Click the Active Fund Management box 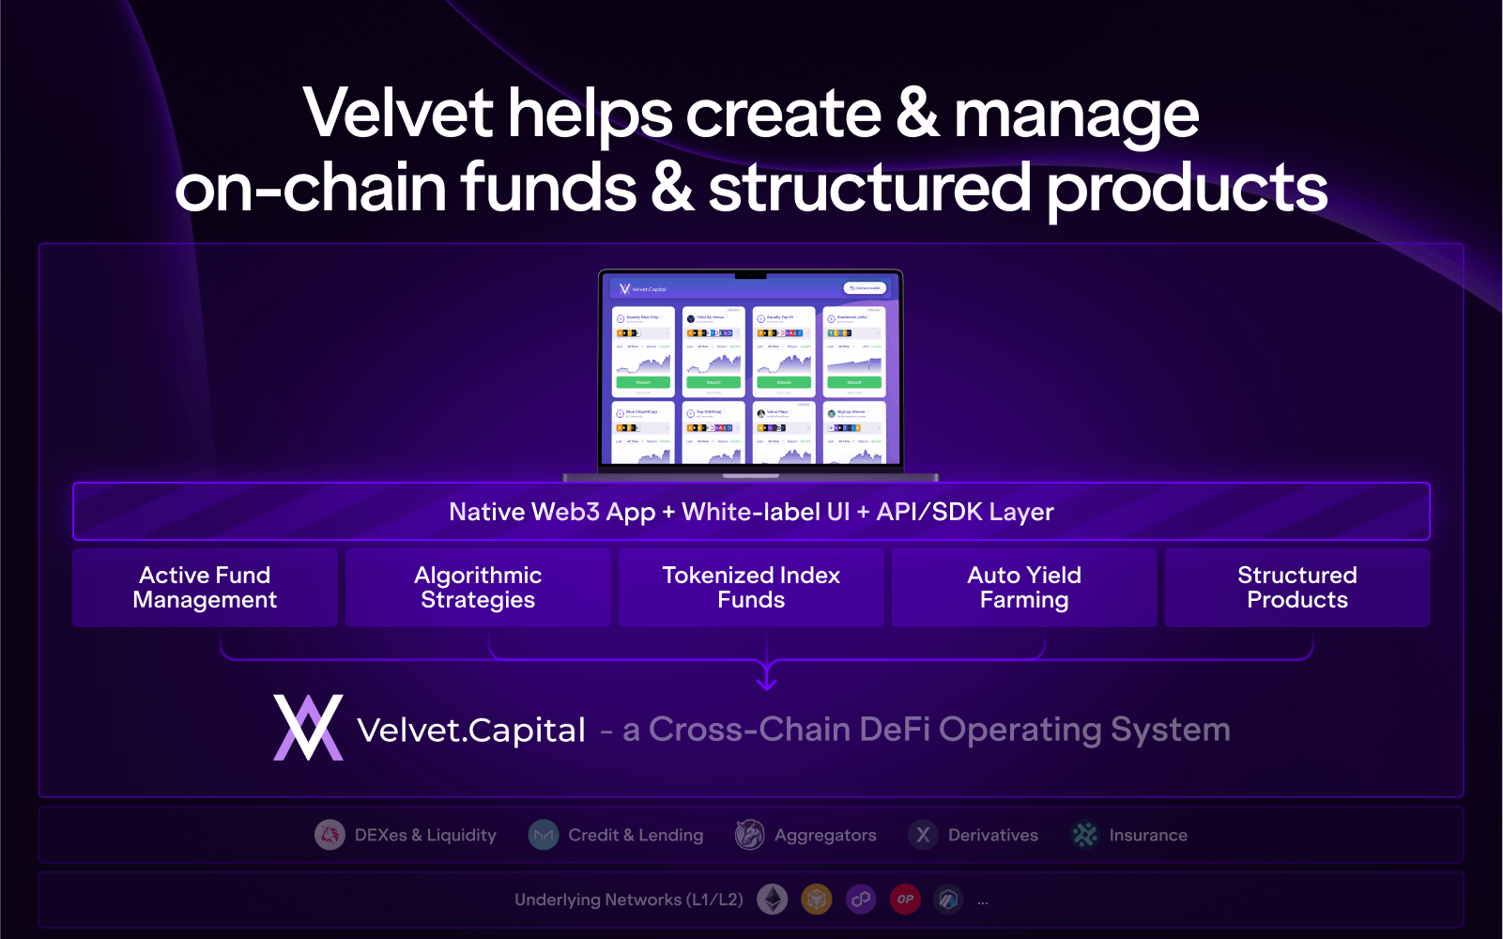[x=205, y=588]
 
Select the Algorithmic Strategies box [x=478, y=588]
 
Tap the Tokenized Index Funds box [x=751, y=588]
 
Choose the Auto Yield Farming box [x=1024, y=588]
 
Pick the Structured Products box [x=1297, y=588]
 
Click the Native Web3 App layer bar [x=751, y=512]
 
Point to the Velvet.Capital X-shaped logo [x=308, y=728]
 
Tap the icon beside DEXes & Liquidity [x=330, y=835]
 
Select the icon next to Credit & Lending [x=544, y=835]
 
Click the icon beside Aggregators [x=749, y=835]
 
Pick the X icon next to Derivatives [x=924, y=835]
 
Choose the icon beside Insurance [x=1085, y=835]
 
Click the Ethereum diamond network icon [x=773, y=900]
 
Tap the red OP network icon [x=905, y=900]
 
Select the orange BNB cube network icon [x=817, y=900]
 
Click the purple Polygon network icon [x=861, y=900]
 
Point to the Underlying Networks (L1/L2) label [x=628, y=900]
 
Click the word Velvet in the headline [x=398, y=114]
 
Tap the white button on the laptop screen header [x=865, y=288]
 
